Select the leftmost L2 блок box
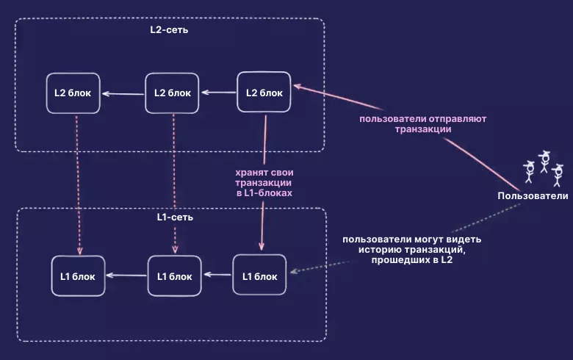[73, 93]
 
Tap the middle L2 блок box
[172, 93]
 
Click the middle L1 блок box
[175, 276]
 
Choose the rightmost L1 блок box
[259, 276]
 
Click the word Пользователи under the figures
[533, 195]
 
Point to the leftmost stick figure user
[529, 171]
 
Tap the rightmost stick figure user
[557, 175]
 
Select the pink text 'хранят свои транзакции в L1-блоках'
[262, 182]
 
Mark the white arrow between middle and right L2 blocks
[218, 93]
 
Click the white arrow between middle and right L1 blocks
[217, 276]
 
